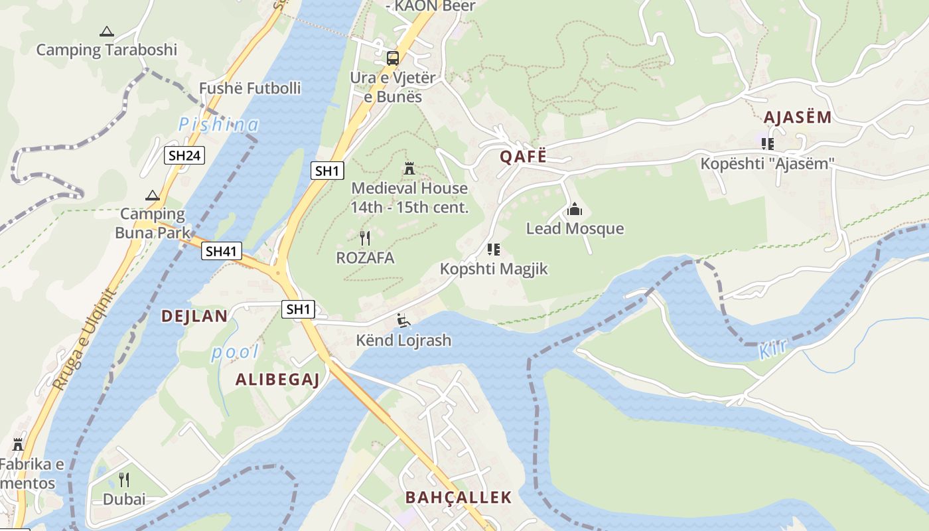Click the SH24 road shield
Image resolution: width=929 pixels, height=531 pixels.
click(x=184, y=156)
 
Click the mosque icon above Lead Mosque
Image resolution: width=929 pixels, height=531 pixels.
click(x=575, y=210)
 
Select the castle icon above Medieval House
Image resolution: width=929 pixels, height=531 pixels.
click(x=409, y=169)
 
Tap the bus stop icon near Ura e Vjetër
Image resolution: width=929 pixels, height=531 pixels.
click(x=393, y=58)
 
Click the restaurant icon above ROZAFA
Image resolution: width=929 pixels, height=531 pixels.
click(x=364, y=238)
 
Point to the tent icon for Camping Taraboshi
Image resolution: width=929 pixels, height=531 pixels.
click(x=106, y=31)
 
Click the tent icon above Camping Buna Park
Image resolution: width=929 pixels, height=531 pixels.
click(x=153, y=195)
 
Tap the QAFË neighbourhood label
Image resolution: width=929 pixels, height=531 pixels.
click(x=524, y=157)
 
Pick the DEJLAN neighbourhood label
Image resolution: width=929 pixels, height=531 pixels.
click(x=194, y=316)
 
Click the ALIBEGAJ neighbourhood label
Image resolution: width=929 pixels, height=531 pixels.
click(x=278, y=380)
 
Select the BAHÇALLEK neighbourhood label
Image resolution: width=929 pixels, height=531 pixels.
click(x=459, y=497)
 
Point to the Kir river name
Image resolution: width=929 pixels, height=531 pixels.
click(x=772, y=349)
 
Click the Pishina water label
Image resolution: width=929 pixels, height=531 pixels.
click(x=218, y=124)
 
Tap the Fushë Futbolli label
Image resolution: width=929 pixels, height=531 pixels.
click(x=250, y=88)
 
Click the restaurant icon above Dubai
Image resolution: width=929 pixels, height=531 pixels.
click(x=124, y=480)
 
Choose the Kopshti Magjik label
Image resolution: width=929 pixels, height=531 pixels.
click(x=494, y=269)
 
